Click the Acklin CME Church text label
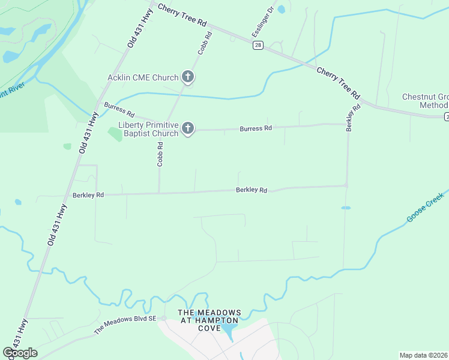(143, 77)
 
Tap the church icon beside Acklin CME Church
(188, 77)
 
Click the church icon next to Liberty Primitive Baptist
(188, 128)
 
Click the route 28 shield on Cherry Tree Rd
(258, 46)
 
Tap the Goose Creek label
(425, 208)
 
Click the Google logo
(20, 353)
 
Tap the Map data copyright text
(424, 355)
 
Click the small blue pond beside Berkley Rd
(346, 208)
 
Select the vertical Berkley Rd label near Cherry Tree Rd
(353, 118)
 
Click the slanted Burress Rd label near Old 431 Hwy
(119, 110)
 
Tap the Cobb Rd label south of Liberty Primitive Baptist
(160, 154)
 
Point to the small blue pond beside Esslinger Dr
(281, 9)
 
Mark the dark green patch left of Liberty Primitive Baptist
(114, 133)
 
